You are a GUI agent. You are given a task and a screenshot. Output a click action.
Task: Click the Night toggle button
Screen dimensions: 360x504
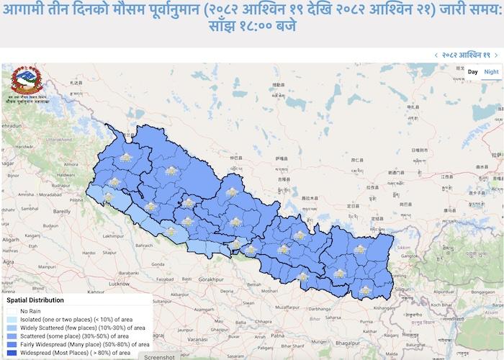point(491,71)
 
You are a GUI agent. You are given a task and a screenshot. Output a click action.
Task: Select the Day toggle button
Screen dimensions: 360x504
point(472,71)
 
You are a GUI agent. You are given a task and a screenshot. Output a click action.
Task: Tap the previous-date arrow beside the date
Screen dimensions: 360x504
point(436,55)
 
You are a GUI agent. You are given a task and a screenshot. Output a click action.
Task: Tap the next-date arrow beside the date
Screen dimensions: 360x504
point(496,55)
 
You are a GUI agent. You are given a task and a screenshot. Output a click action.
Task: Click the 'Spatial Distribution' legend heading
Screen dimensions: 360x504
point(35,300)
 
